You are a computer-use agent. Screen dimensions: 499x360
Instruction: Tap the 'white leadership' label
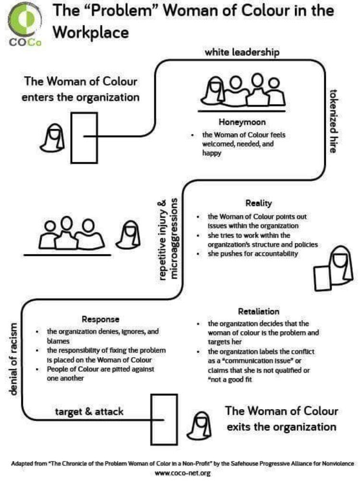pyautogui.click(x=242, y=52)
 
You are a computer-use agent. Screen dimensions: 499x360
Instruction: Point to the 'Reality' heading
pyautogui.click(x=259, y=203)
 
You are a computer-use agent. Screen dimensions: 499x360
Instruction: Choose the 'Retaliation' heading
pyautogui.click(x=258, y=312)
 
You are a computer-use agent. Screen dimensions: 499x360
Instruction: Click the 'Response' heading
pyautogui.click(x=100, y=319)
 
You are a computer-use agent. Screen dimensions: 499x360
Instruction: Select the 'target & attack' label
pyautogui.click(x=89, y=412)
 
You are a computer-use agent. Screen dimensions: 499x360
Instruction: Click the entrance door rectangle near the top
pyautogui.click(x=84, y=137)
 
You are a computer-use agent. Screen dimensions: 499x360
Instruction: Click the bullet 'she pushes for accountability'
pyautogui.click(x=252, y=254)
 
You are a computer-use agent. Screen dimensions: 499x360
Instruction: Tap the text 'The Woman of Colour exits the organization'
pyautogui.click(x=281, y=418)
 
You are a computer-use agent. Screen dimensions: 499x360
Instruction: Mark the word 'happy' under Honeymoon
pyautogui.click(x=211, y=154)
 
